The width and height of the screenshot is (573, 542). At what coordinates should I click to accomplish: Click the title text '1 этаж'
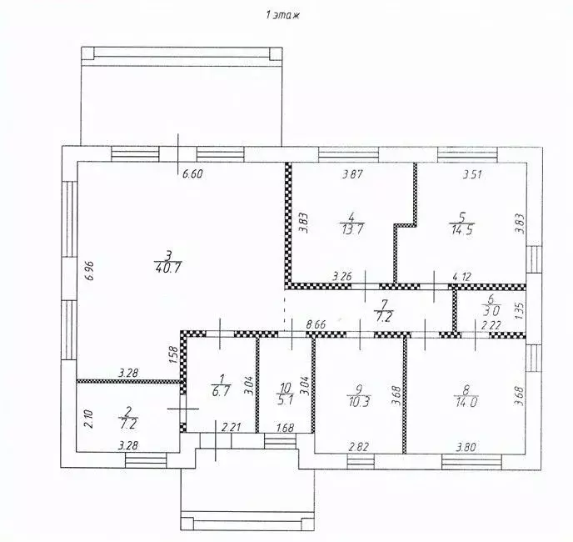(x=283, y=15)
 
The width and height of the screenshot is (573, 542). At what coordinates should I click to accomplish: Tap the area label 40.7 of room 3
(x=168, y=268)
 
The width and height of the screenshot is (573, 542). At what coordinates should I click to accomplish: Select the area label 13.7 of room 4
(x=352, y=229)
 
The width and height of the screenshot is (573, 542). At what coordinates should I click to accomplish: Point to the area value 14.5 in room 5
(x=462, y=231)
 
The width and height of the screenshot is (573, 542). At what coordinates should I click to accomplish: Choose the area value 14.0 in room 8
(x=466, y=402)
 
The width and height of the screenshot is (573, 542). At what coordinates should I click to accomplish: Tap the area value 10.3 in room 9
(x=358, y=401)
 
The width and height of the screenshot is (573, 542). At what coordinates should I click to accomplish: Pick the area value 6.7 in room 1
(x=221, y=391)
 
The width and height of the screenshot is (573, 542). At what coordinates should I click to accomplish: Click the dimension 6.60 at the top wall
(x=192, y=173)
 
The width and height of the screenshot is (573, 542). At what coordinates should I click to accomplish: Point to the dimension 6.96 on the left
(x=90, y=270)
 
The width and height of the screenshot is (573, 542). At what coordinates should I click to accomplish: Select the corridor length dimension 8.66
(x=316, y=324)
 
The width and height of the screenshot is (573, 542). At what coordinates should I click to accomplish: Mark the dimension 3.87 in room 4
(x=352, y=174)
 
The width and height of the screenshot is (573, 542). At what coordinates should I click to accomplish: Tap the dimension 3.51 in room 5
(x=472, y=174)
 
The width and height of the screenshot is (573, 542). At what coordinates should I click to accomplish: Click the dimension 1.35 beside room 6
(x=521, y=310)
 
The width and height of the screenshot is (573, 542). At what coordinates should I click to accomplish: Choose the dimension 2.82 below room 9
(x=359, y=446)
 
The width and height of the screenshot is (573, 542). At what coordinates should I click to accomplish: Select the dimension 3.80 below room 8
(x=466, y=447)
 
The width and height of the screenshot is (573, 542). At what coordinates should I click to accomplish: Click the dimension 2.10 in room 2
(x=90, y=419)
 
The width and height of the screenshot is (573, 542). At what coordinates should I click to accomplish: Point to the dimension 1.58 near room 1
(x=173, y=354)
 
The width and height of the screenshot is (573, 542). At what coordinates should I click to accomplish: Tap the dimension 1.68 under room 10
(x=284, y=427)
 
